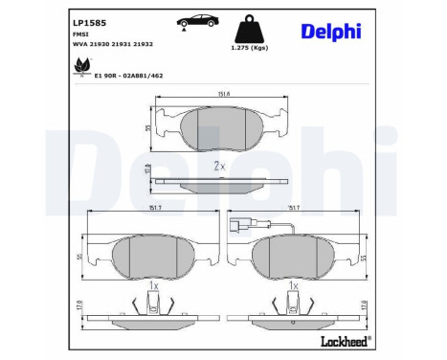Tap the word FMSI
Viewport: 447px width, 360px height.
pyautogui.click(x=81, y=34)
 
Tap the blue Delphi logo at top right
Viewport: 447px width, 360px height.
pyautogui.click(x=329, y=32)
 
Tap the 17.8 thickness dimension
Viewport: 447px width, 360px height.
pyautogui.click(x=147, y=169)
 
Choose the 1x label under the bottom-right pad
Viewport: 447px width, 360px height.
pyautogui.click(x=296, y=286)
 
